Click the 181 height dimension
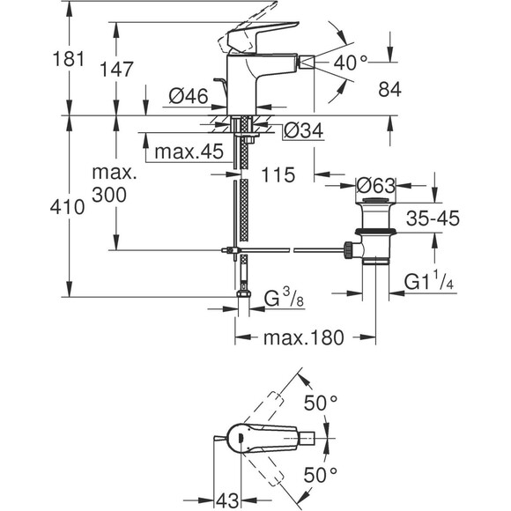click(69, 59)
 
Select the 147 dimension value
click(116, 70)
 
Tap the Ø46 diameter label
click(189, 96)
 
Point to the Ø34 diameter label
click(303, 130)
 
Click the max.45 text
click(189, 152)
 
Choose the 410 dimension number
click(68, 207)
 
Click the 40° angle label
click(351, 63)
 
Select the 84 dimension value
click(389, 89)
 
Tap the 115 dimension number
click(278, 174)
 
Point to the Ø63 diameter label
click(375, 186)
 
